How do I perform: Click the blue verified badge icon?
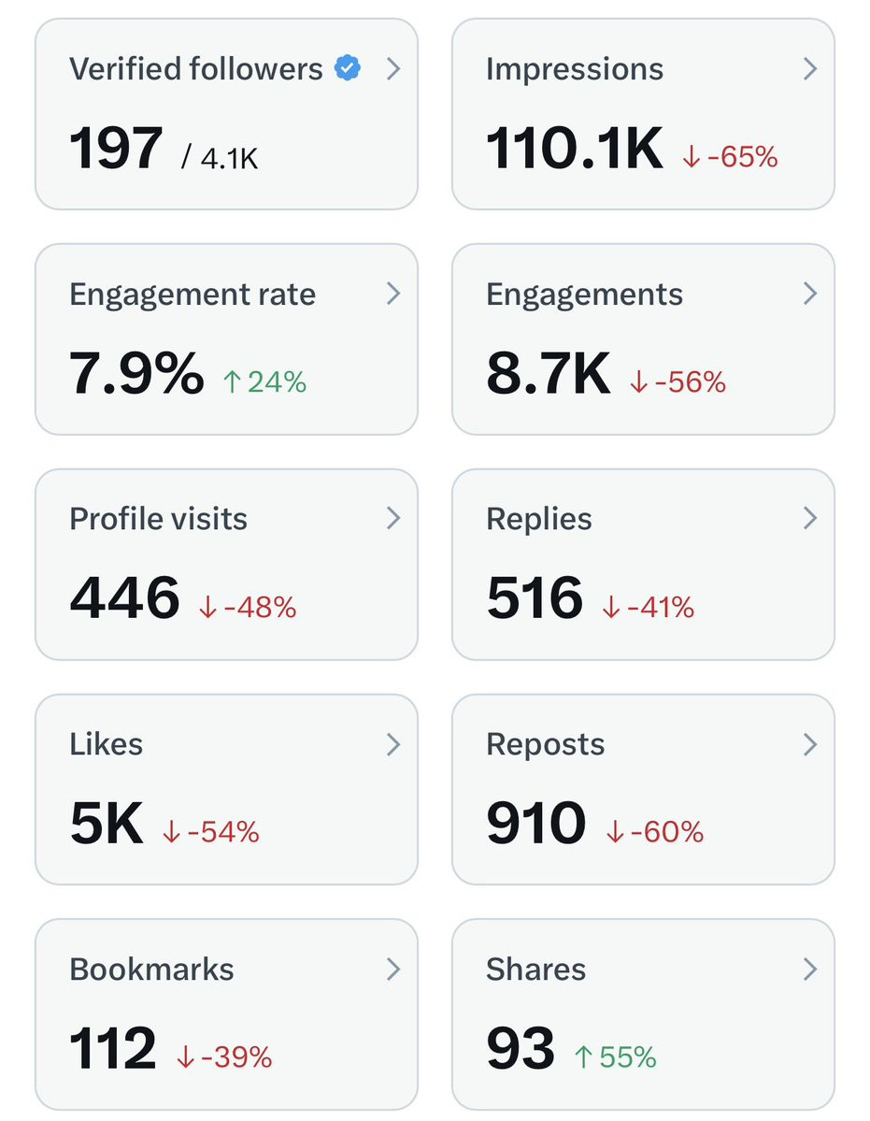click(348, 68)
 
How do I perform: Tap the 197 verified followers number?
click(116, 148)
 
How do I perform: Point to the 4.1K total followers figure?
click(220, 157)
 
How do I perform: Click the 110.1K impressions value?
click(575, 148)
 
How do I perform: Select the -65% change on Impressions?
click(730, 156)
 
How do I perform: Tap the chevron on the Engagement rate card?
click(392, 294)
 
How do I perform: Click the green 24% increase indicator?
click(264, 381)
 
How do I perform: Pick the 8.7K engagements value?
click(548, 373)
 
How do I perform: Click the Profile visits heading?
click(158, 518)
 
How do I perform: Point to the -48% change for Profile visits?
click(247, 607)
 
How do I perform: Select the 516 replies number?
click(535, 597)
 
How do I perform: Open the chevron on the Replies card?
click(809, 518)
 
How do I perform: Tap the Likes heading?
click(106, 743)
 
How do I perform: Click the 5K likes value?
click(107, 823)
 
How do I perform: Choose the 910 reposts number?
click(535, 823)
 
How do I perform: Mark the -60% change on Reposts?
click(654, 831)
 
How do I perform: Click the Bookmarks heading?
click(151, 969)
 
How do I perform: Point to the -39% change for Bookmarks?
click(223, 1056)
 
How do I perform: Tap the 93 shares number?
click(520, 1048)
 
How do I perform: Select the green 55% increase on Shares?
click(615, 1056)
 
